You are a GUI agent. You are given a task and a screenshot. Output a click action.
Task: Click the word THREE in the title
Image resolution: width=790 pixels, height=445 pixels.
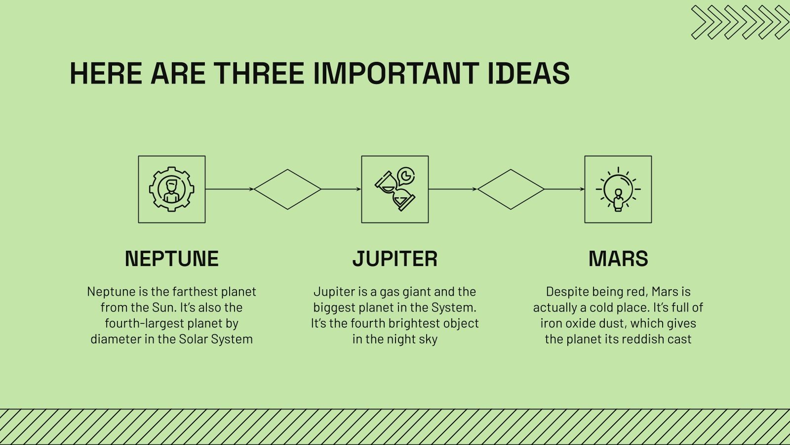click(259, 73)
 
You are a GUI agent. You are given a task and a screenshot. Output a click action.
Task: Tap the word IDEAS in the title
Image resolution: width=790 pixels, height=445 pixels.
click(529, 73)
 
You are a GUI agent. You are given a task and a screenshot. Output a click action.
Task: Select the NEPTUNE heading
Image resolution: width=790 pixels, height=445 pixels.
click(172, 259)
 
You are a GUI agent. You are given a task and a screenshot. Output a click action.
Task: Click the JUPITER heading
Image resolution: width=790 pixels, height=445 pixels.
click(395, 259)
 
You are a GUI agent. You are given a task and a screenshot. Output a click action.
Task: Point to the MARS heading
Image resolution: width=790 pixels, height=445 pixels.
click(618, 259)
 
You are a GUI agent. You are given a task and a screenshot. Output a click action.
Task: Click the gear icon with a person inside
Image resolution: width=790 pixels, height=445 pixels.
click(172, 189)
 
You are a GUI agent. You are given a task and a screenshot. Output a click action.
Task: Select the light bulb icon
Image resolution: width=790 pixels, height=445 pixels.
click(618, 189)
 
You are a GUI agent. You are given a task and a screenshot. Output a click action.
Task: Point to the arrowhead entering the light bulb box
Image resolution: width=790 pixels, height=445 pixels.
click(582, 189)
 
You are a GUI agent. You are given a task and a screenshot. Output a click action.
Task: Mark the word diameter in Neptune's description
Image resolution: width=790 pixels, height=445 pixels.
click(116, 339)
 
